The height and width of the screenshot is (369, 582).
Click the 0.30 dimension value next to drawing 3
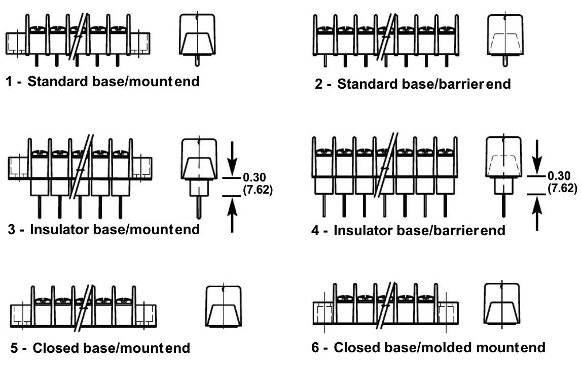coord(254,177)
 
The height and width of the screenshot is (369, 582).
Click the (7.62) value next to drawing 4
coord(562,188)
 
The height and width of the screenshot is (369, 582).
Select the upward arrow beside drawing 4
coord(537,213)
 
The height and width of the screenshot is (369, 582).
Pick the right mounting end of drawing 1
coord(140,44)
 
